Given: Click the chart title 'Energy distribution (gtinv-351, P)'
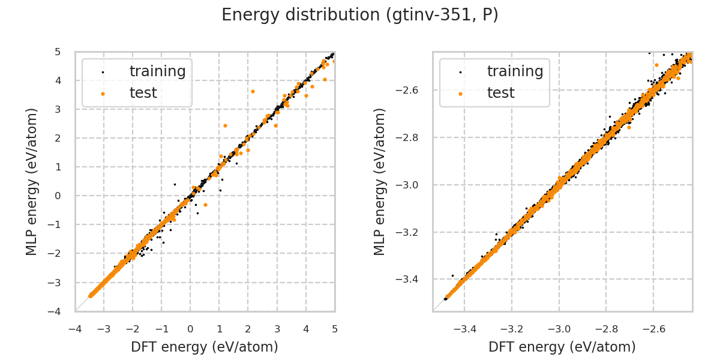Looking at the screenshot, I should point(360,15).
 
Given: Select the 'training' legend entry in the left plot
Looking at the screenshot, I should point(157,71).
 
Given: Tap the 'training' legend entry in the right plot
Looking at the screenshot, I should point(515,71).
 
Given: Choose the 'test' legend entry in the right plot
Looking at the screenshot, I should point(500,93).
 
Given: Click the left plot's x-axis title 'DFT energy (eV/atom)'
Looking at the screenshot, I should point(205,347).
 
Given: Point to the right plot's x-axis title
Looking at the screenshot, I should point(562,347).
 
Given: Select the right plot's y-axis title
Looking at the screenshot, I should point(380,181).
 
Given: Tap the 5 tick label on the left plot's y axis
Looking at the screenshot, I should point(58,52).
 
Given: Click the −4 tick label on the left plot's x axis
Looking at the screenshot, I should point(75,329).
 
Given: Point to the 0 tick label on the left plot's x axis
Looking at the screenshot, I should point(190,329).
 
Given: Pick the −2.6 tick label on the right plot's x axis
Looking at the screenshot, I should point(653,329).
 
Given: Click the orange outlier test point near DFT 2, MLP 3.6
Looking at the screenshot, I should point(253,91).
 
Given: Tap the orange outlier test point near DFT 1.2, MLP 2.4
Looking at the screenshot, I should point(225,125).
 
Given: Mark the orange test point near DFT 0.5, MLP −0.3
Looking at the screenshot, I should point(205,205).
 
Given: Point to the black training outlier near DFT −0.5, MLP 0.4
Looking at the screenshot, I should point(175,184).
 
